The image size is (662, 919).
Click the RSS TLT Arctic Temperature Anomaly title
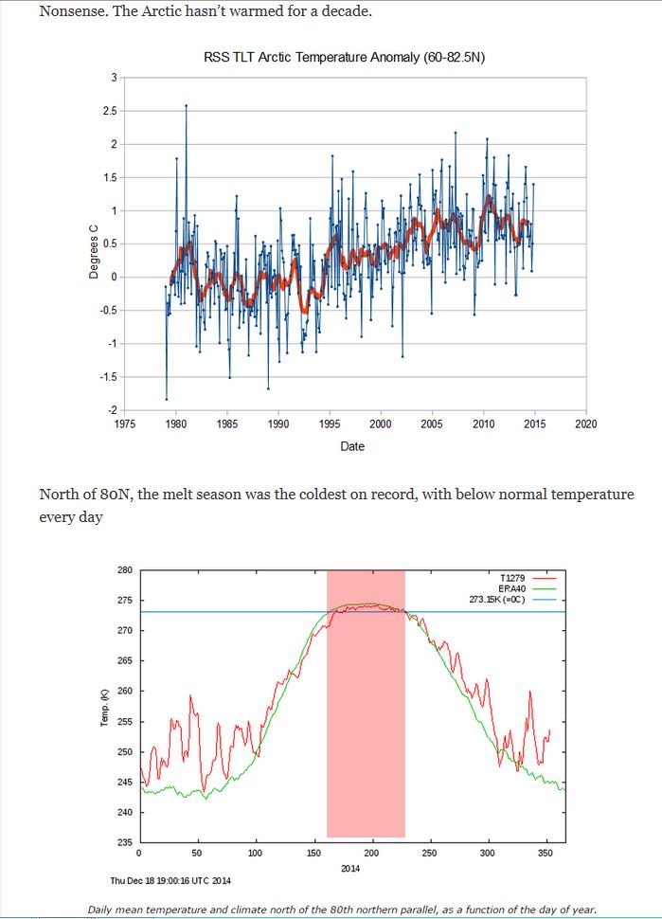click(x=345, y=57)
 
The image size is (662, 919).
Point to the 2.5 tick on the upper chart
click(x=110, y=111)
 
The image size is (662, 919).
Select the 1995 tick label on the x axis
click(x=330, y=423)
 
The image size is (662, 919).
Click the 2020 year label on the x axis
click(x=586, y=423)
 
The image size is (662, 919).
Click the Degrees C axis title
click(x=94, y=252)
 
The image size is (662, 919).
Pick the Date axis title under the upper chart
click(x=352, y=446)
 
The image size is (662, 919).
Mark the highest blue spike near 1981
click(x=186, y=105)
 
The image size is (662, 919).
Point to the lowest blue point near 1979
click(x=167, y=399)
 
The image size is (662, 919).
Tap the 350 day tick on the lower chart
click(x=545, y=854)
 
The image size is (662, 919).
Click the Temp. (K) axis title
click(x=105, y=708)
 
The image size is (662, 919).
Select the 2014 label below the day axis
click(x=351, y=868)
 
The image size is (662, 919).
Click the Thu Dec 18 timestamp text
click(x=170, y=880)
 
